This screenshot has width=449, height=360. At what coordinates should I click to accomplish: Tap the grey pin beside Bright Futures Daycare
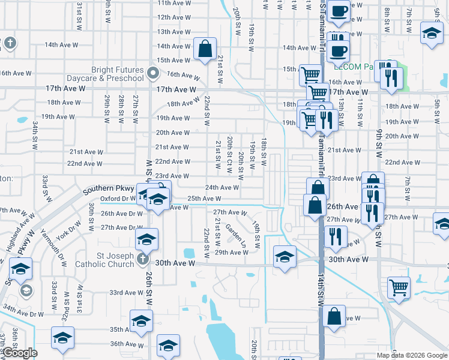(153, 74)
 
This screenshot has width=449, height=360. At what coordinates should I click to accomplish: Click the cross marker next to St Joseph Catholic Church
(142, 259)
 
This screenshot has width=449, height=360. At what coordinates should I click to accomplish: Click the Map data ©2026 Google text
(411, 355)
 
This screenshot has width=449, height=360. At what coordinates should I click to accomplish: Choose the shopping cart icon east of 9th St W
(399, 287)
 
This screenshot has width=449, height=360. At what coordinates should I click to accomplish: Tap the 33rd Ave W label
(125, 292)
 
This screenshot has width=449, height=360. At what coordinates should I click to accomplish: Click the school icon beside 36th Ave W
(168, 345)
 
